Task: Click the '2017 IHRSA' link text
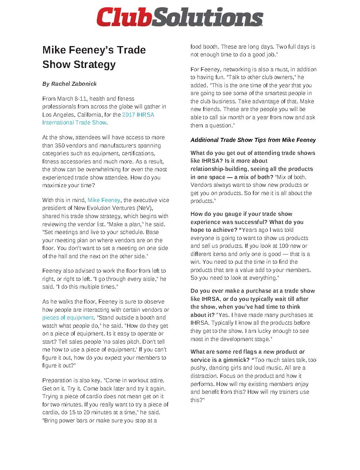pyautogui.click(x=138, y=114)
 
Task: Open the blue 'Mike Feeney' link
pyautogui.click(x=104, y=200)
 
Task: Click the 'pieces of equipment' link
pyautogui.click(x=68, y=318)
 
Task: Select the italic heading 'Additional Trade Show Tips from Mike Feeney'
pyautogui.click(x=253, y=140)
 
